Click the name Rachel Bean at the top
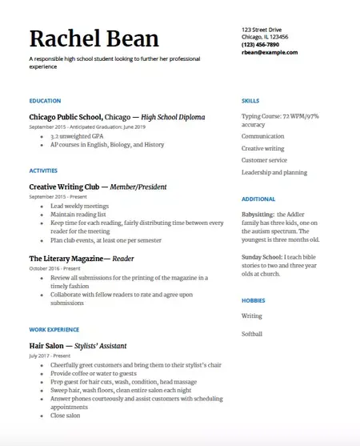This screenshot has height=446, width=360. pyautogui.click(x=94, y=38)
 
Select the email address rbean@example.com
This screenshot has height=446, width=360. pyautogui.click(x=270, y=52)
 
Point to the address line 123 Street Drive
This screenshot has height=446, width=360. pyautogui.click(x=262, y=30)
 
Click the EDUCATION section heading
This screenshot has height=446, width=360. pyautogui.click(x=45, y=101)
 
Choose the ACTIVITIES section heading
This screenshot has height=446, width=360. pyautogui.click(x=43, y=171)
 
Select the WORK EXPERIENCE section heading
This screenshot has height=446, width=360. pyautogui.click(x=54, y=329)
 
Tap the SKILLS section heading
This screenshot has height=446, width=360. pyautogui.click(x=250, y=101)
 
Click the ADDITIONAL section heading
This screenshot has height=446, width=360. pyautogui.click(x=258, y=199)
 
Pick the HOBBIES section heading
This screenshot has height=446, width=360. pyautogui.click(x=254, y=299)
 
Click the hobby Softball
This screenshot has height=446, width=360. pyautogui.click(x=252, y=334)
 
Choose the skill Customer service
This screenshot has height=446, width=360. pyautogui.click(x=265, y=160)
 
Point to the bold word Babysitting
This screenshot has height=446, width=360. pyautogui.click(x=258, y=215)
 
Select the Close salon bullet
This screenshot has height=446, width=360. pyautogui.click(x=66, y=416)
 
